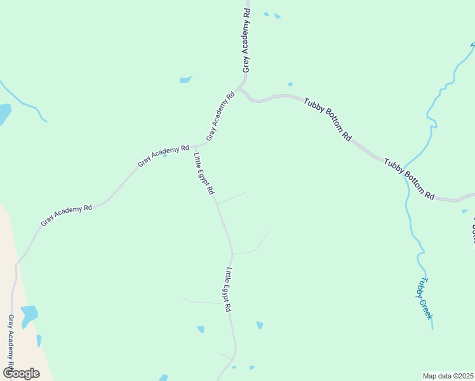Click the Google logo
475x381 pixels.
point(21,373)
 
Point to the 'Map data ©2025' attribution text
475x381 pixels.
point(448,376)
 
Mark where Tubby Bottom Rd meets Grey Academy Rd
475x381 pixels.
point(241,88)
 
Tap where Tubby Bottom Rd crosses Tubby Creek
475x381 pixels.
point(404,172)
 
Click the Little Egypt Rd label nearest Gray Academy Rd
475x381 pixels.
point(204,173)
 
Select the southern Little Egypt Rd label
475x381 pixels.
point(227,289)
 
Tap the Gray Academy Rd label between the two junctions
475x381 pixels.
point(220,116)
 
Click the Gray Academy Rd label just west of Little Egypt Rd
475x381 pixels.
point(164,156)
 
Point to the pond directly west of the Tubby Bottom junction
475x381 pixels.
point(185,80)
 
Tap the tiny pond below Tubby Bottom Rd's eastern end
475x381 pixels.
point(465,211)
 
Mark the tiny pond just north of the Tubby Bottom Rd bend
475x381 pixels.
point(290,84)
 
